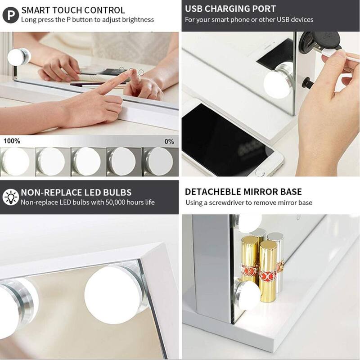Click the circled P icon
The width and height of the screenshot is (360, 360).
click(x=10, y=15)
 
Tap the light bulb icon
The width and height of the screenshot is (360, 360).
click(x=10, y=197)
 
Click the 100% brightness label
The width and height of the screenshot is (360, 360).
click(x=12, y=141)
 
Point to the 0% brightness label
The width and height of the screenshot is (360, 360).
click(x=169, y=141)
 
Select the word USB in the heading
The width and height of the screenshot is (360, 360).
click(x=194, y=9)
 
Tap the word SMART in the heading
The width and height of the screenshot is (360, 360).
click(x=36, y=10)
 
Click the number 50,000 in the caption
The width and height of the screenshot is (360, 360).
click(x=115, y=202)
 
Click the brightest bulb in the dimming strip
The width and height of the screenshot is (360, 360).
click(x=16, y=162)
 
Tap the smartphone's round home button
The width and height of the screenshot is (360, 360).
click(x=260, y=173)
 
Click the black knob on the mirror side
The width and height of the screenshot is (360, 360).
click(x=308, y=82)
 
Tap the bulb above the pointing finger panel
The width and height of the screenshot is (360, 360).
click(x=18, y=57)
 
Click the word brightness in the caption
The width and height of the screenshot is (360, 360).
click(x=138, y=20)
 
